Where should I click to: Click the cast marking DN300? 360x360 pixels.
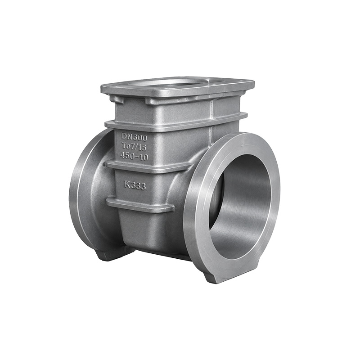point(134,137)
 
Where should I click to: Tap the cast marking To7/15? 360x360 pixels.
point(135,147)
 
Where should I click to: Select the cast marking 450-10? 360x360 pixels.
point(135,156)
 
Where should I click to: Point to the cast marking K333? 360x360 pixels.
point(135,185)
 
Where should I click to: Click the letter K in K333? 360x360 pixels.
point(127,184)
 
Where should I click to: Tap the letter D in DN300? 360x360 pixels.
point(124,137)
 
